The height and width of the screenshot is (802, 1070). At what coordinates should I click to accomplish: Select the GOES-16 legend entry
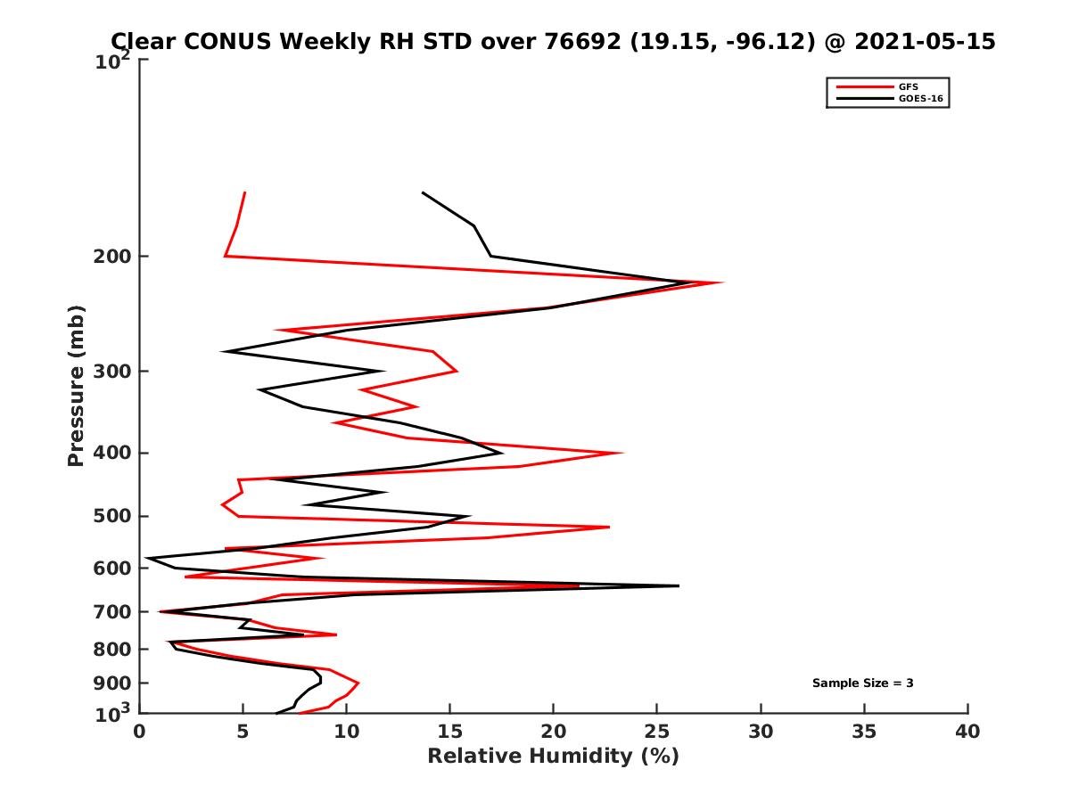click(918, 98)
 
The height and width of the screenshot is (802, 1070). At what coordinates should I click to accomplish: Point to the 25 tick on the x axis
click(657, 732)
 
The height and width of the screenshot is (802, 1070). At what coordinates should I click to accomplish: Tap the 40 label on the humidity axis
click(967, 732)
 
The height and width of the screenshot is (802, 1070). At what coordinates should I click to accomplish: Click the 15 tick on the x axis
click(449, 732)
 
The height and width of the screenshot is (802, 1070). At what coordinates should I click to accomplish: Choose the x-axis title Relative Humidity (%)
click(553, 757)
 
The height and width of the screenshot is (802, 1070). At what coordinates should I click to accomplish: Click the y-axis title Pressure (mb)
click(76, 385)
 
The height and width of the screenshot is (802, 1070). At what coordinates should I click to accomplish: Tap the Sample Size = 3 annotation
click(862, 683)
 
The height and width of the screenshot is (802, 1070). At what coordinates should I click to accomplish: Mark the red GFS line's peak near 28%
click(722, 282)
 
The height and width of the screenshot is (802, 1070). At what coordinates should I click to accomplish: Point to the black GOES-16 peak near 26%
click(679, 585)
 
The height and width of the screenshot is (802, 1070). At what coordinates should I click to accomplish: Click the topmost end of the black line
click(423, 192)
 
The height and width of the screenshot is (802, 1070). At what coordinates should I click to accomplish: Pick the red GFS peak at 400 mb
click(622, 453)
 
